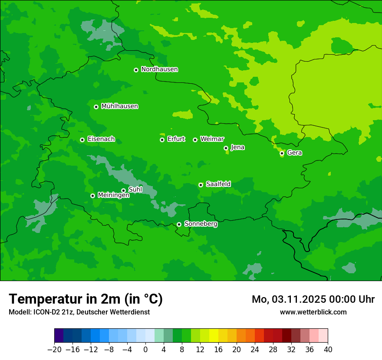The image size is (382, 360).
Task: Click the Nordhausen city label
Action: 159,69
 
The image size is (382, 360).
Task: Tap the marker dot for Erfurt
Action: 162,140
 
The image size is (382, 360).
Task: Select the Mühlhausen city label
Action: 119,106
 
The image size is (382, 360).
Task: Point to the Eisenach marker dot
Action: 82,140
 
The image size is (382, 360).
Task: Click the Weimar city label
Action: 212,139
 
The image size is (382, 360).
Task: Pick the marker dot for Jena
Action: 226,148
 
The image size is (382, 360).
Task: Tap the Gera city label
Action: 294,153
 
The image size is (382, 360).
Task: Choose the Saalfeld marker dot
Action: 201,185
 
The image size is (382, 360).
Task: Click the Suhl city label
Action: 135,190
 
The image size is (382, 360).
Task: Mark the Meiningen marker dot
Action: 92,196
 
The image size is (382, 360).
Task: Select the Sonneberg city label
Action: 201,224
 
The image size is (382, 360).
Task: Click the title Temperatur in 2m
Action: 86,299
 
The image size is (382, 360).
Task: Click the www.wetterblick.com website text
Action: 313,312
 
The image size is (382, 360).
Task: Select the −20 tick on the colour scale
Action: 55,350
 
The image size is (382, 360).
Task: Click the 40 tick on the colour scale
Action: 328,350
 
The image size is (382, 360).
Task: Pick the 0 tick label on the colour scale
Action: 145,350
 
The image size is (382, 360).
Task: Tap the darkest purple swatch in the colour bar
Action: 59,336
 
